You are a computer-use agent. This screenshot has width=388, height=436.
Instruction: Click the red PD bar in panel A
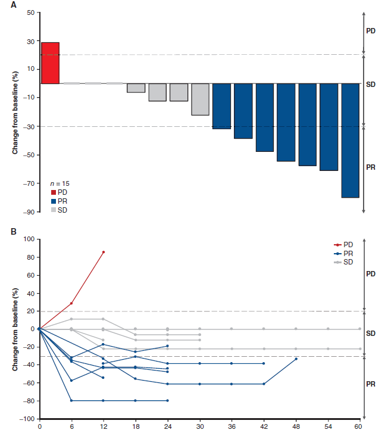(50, 63)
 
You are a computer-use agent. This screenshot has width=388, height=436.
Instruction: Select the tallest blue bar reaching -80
(351, 140)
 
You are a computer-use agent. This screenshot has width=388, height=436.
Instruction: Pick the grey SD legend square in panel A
(54, 210)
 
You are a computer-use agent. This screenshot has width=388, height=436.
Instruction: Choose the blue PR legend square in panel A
(54, 201)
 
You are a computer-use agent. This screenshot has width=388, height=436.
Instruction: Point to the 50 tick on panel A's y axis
(30, 13)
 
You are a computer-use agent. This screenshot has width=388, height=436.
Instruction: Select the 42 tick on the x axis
(264, 426)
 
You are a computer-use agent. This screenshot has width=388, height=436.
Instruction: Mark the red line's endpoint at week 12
(104, 252)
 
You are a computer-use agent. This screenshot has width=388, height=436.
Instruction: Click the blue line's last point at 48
(296, 359)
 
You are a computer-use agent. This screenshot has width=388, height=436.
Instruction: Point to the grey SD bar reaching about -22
(200, 99)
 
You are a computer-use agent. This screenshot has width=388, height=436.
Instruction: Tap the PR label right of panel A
(370, 169)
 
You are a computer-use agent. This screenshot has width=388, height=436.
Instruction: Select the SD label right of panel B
(370, 334)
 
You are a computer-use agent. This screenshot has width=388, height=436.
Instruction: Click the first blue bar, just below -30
(221, 106)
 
